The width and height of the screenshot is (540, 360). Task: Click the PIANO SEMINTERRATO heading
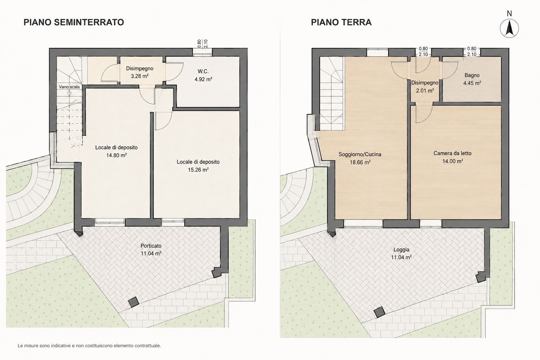[x=74, y=22]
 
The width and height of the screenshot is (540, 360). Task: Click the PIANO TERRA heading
[x=341, y=22]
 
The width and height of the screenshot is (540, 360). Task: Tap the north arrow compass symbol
[x=509, y=28]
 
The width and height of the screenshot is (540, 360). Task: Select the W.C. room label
[x=203, y=71]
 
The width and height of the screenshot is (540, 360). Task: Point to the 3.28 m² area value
[x=140, y=76]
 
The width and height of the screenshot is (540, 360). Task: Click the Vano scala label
[x=69, y=87]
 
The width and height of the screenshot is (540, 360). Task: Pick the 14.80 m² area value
[x=116, y=155]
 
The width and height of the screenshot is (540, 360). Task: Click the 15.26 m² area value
[x=198, y=169]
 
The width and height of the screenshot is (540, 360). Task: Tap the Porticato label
[x=151, y=246]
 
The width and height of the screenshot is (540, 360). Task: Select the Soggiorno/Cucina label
[x=360, y=154]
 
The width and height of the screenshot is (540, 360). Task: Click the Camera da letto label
[x=452, y=153]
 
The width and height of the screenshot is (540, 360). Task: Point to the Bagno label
[x=472, y=75]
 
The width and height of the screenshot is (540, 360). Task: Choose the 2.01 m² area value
[x=425, y=90]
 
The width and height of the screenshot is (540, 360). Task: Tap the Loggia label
[x=401, y=250]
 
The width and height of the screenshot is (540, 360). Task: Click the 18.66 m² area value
[x=360, y=162]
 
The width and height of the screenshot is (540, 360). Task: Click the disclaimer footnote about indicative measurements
[x=89, y=346]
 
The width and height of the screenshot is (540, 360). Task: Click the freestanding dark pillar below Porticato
[x=133, y=302]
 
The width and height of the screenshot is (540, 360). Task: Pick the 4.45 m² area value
[x=472, y=83]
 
